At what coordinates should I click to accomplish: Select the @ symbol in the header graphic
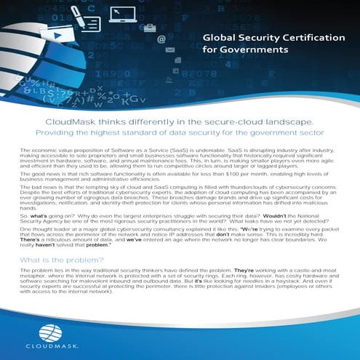[161, 40]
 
